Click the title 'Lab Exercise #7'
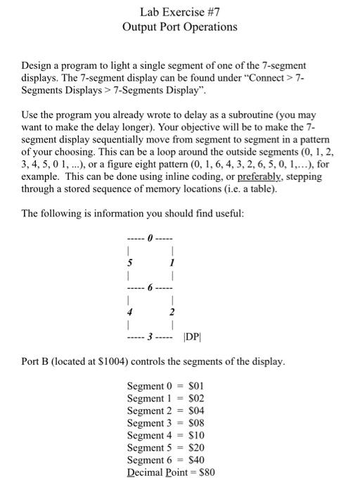pyautogui.click(x=179, y=12)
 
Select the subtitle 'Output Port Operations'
pyautogui.click(x=179, y=27)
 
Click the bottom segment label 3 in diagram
pyautogui.click(x=149, y=337)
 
